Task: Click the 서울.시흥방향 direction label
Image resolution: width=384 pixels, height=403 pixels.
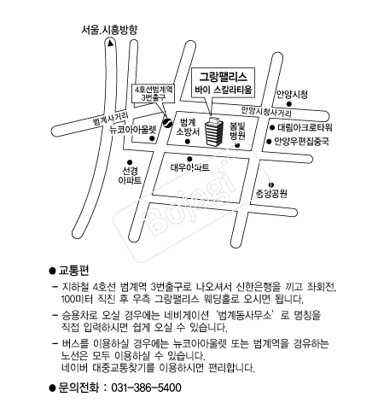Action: tap(109, 30)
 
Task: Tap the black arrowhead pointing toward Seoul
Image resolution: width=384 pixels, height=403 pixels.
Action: tap(110, 44)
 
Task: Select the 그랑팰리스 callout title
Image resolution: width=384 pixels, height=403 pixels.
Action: tap(223, 77)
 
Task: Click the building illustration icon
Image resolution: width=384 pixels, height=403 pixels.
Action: tap(214, 131)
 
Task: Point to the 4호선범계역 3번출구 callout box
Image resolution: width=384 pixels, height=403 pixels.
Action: tap(154, 93)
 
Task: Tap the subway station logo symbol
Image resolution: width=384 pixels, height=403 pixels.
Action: tap(167, 123)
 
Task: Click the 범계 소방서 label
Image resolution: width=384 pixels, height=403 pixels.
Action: tap(188, 127)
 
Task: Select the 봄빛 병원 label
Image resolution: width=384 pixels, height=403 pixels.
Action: tap(237, 131)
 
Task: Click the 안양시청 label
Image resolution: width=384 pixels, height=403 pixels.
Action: tap(292, 94)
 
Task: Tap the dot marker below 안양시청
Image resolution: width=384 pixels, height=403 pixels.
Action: tap(289, 104)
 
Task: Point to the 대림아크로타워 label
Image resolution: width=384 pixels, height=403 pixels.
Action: tap(305, 127)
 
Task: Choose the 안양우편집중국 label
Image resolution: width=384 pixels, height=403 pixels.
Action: tap(302, 141)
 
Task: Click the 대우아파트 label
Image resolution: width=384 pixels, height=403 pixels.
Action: tap(190, 167)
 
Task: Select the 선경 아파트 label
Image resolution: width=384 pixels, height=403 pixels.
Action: tap(130, 175)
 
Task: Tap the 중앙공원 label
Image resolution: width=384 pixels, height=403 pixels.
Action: tap(271, 194)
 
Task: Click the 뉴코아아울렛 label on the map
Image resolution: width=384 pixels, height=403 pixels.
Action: tap(133, 130)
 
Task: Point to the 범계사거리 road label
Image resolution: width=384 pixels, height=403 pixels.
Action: tap(111, 119)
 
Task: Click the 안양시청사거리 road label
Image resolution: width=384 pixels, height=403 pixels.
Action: tap(266, 112)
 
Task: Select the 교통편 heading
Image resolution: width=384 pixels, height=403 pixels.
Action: tap(73, 271)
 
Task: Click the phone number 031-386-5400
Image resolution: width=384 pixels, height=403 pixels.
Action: tap(146, 388)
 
